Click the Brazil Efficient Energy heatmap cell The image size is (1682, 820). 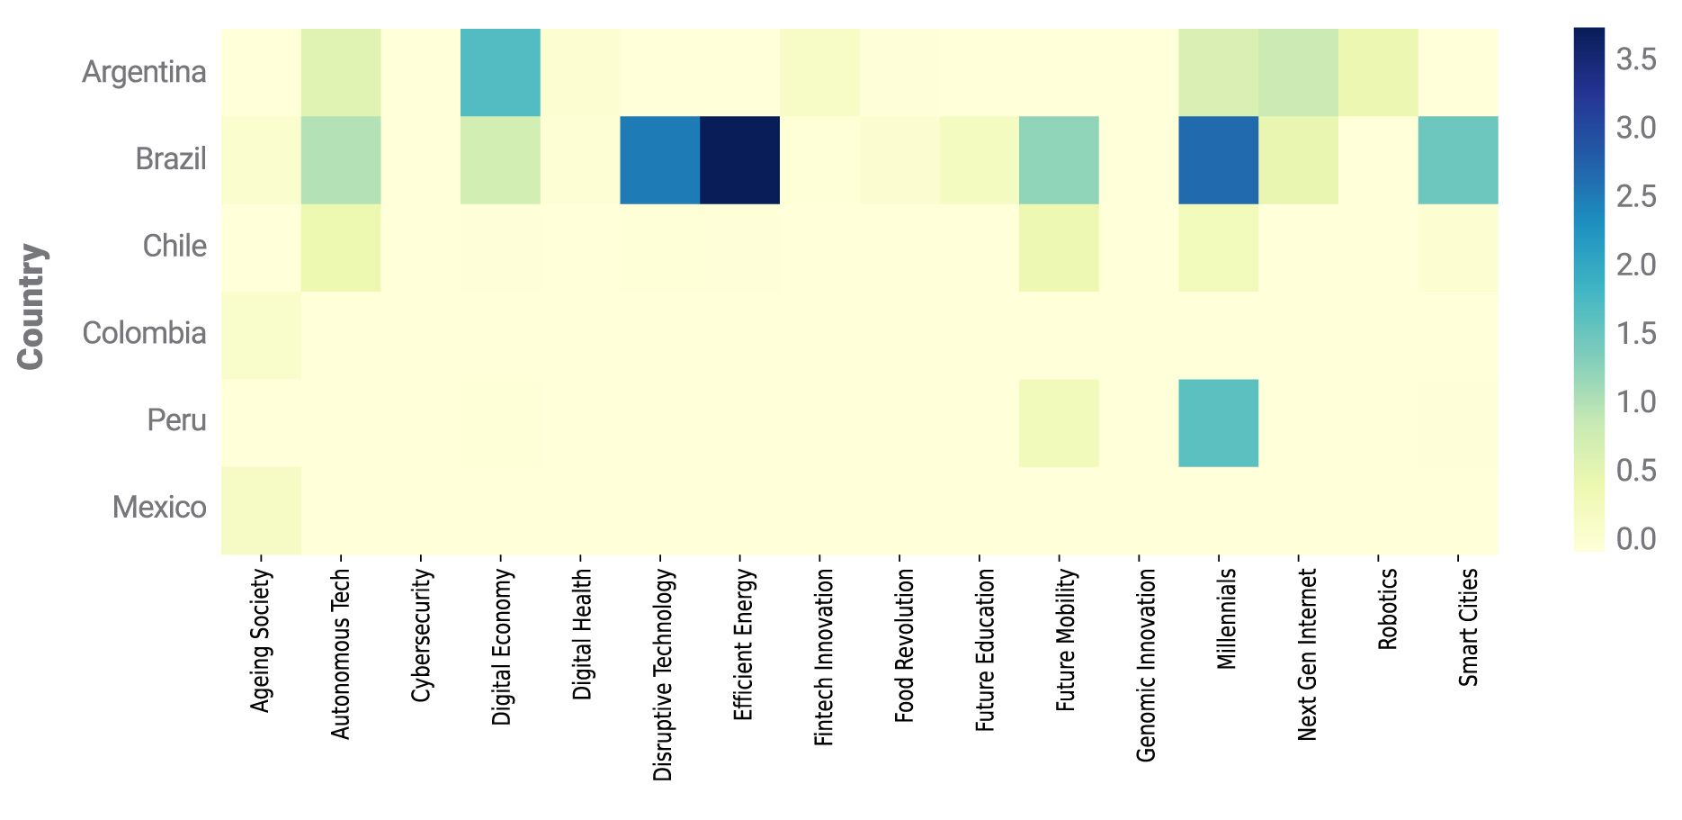tap(739, 159)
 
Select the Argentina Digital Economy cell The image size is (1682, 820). tap(500, 72)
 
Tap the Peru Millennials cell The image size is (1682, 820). tap(1218, 422)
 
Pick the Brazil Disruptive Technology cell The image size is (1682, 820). tap(659, 159)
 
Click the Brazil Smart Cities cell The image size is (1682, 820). tap(1457, 159)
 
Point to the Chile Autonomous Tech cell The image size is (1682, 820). tap(341, 247)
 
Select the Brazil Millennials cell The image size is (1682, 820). tap(1218, 159)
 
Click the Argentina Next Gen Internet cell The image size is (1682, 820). tap(1298, 72)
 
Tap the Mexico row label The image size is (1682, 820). tap(159, 508)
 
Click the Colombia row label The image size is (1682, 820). tap(144, 333)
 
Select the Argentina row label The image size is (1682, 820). tap(144, 72)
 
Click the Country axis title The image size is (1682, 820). tap(31, 306)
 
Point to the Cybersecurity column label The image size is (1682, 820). tap(421, 635)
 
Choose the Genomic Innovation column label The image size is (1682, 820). tap(1145, 664)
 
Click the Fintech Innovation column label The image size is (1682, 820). tap(823, 657)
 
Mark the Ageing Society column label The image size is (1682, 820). tap(261, 640)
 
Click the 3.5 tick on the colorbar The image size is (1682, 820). tap(1635, 59)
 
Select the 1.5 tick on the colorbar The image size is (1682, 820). tap(1635, 333)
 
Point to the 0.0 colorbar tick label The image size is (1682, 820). tap(1635, 538)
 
